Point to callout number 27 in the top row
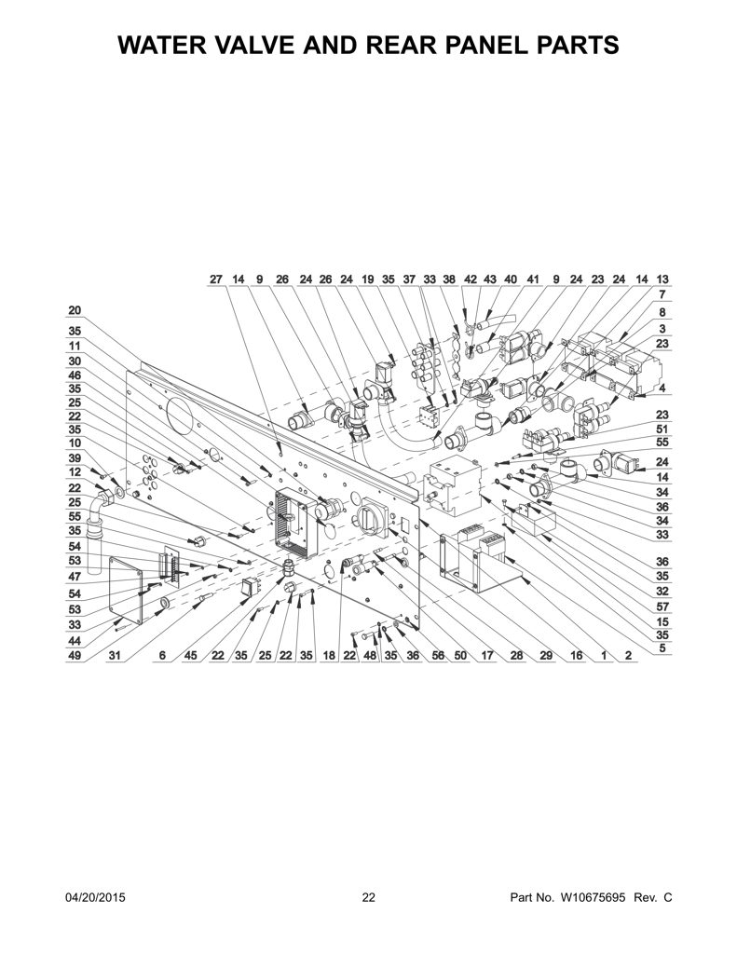[216, 279]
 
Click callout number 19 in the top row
[368, 279]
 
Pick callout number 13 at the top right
[662, 279]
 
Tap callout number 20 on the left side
[74, 311]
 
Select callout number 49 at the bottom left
[74, 655]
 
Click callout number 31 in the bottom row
[115, 655]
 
